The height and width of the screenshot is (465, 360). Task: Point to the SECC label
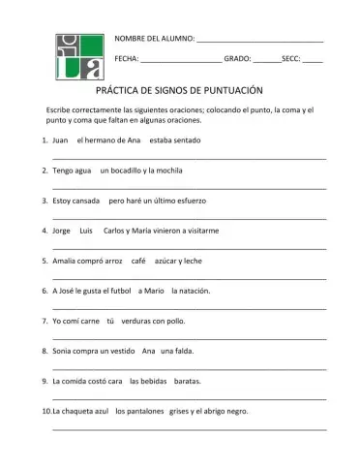pos(289,59)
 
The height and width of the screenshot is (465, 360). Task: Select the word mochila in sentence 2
pos(159,170)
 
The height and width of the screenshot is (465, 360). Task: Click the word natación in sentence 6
pos(190,290)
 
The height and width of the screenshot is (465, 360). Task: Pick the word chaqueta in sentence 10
pos(71,411)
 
